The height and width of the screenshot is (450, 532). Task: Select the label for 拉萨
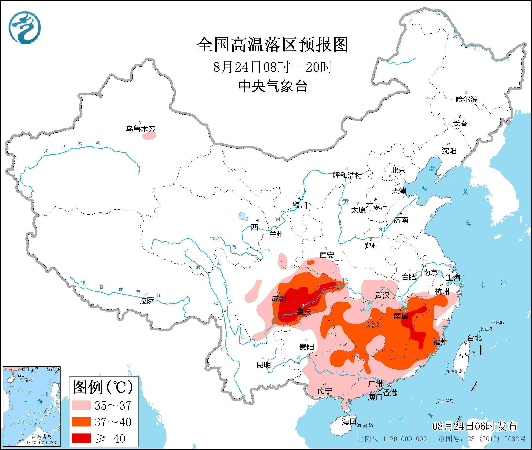pos(147,301)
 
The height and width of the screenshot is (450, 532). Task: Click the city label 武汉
pos(382,295)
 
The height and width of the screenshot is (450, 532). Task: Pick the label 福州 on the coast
pos(440,342)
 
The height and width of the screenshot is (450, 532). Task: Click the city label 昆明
pos(264,365)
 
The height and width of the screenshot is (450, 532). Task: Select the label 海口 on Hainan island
pos(349,421)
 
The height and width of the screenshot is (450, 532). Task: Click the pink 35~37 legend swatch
pos(81,405)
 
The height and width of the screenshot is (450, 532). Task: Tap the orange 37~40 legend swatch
pos(81,422)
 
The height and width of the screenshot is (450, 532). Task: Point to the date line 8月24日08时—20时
pos(273,67)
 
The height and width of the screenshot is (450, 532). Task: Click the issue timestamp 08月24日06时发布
pos(475,426)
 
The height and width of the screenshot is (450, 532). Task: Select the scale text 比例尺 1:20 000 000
pos(392,439)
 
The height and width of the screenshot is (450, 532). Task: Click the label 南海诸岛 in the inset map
pos(42,437)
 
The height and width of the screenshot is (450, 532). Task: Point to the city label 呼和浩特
pos(348,175)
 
